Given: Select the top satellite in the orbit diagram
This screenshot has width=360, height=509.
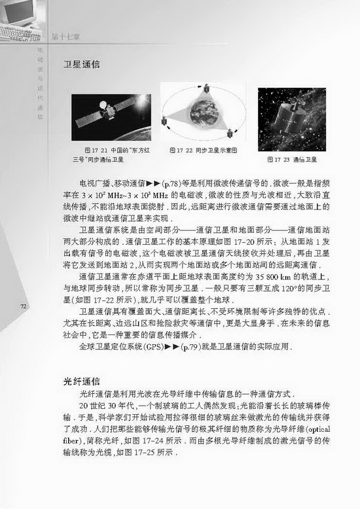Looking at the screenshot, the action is tap(202, 83).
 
